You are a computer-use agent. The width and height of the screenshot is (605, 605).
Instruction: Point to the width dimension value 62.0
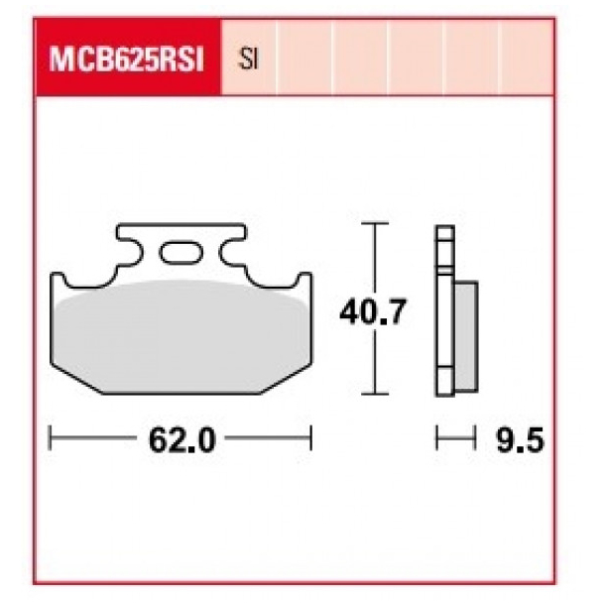coord(181,437)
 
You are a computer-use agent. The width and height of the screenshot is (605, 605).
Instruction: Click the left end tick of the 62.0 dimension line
coord(51,437)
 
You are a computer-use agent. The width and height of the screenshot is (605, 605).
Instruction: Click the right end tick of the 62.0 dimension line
coord(310,437)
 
